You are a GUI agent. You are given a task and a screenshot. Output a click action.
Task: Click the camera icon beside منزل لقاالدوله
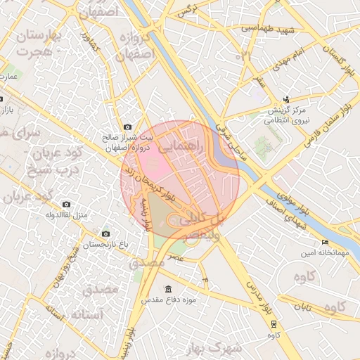pyautogui.click(x=67, y=205)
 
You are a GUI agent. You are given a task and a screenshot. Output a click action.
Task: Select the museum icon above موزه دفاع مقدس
pyautogui.click(x=168, y=289)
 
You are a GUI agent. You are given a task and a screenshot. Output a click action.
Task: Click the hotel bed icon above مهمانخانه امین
pyautogui.click(x=324, y=243)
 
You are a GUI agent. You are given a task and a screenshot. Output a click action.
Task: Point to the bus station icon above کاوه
pyautogui.click(x=274, y=324)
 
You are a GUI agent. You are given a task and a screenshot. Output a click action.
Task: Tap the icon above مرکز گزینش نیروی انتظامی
pyautogui.click(x=286, y=99)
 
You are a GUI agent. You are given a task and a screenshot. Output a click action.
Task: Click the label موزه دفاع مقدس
pyautogui.click(x=169, y=300)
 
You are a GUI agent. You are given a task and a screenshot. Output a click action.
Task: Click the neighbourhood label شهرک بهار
pyautogui.click(x=214, y=348)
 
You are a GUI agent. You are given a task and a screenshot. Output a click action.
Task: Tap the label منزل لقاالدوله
pyautogui.click(x=67, y=215)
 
